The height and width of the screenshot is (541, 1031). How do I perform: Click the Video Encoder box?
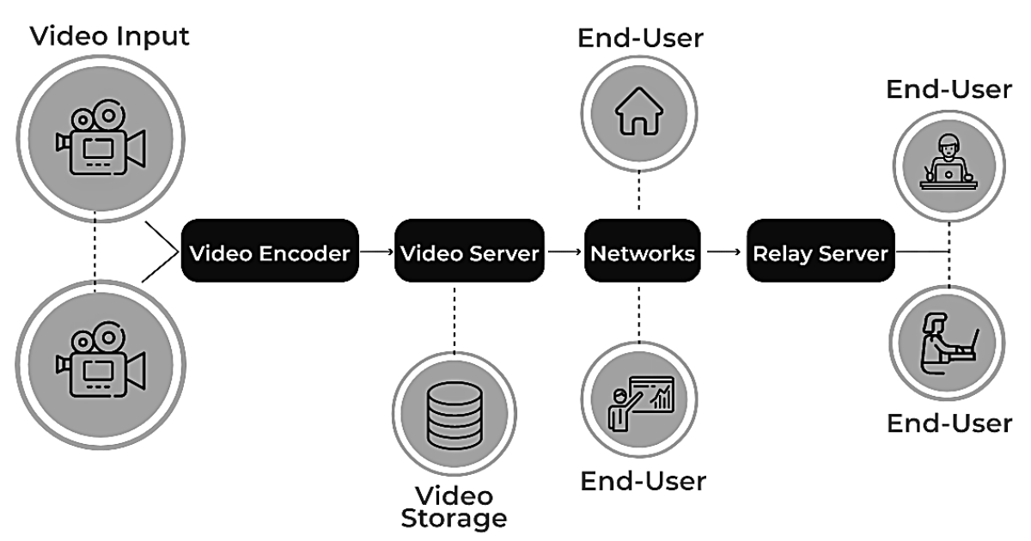point(270,252)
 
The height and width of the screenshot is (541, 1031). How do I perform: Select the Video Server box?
point(470,252)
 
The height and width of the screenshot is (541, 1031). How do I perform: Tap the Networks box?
point(642,252)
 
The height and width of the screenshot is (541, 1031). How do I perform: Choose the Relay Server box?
point(821,252)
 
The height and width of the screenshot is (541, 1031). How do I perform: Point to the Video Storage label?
point(454,507)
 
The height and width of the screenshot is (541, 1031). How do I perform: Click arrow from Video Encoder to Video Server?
point(375,252)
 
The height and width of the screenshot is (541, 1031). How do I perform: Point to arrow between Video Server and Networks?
point(564,252)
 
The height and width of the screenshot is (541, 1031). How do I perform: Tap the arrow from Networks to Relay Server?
point(723,252)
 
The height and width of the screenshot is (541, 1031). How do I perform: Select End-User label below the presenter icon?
point(643,480)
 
